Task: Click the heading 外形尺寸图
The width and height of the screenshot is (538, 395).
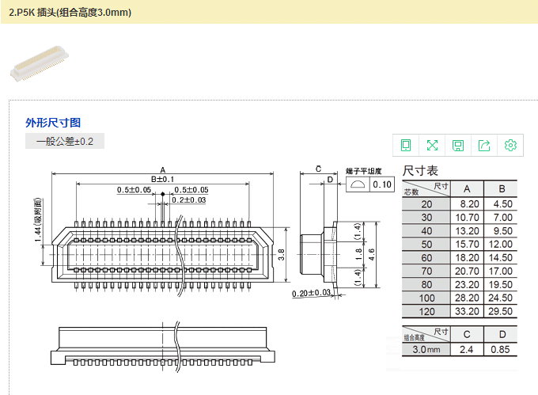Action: (x=53, y=123)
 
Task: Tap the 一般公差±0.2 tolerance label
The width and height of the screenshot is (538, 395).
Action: (x=65, y=142)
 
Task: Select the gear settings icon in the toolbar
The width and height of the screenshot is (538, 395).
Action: (x=510, y=145)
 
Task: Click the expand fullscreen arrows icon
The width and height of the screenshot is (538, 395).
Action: (x=432, y=145)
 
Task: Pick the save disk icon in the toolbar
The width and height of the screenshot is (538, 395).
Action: (x=458, y=145)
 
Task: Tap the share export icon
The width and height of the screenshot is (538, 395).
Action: (x=484, y=145)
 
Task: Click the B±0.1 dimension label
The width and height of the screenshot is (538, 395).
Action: (x=162, y=180)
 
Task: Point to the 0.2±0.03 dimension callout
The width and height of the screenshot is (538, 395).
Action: (x=189, y=200)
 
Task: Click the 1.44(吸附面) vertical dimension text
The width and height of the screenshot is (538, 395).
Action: (x=36, y=225)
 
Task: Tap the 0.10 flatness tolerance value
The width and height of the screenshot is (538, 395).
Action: (x=382, y=184)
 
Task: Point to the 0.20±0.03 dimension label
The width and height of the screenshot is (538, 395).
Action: (x=312, y=294)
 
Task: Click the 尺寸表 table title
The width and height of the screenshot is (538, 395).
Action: (x=421, y=170)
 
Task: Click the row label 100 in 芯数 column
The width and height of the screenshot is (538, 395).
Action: (x=427, y=298)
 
